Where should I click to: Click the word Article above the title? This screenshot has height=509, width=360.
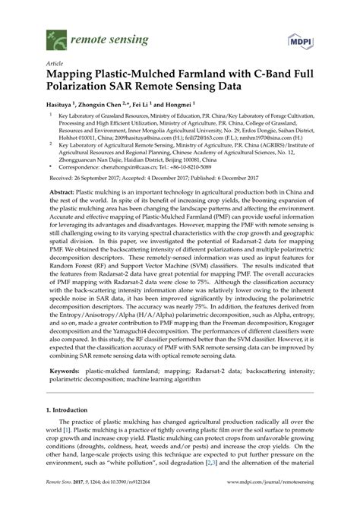tap(55, 65)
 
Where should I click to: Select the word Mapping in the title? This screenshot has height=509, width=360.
tap(75, 76)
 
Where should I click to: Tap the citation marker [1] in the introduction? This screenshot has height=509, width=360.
tap(87, 451)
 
